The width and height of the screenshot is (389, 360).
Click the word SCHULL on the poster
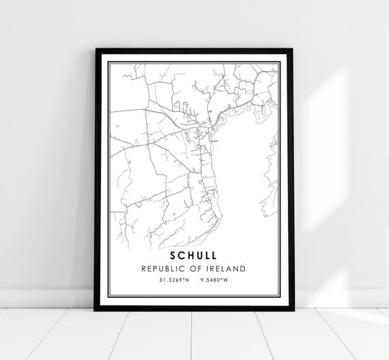point(194,254)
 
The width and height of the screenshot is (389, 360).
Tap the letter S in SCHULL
point(175,254)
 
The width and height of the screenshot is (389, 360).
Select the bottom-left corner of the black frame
point(96,310)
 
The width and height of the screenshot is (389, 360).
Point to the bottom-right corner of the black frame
point(293,310)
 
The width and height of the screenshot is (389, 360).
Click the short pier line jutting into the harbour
point(214,140)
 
